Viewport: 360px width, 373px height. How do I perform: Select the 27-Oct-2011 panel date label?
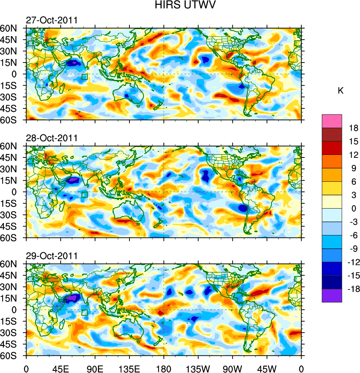(x=51, y=20)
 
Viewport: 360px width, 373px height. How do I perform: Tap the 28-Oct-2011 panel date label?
(x=51, y=138)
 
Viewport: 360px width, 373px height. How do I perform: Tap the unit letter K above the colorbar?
(x=341, y=91)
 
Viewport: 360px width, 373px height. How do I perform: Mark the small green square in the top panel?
(x=84, y=77)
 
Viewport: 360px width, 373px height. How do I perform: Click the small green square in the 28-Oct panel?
(x=84, y=195)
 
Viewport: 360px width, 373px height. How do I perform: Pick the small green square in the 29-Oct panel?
(x=84, y=313)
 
